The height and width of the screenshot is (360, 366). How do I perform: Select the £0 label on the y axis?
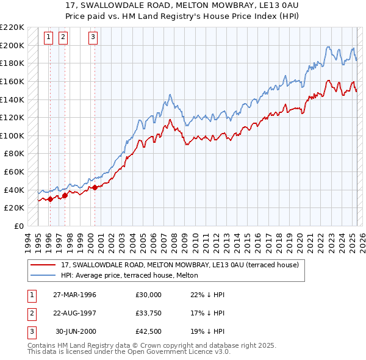tap(18, 226)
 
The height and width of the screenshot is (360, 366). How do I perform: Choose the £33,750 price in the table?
tap(149, 314)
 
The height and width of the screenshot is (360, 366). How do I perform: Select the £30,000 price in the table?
tap(149, 295)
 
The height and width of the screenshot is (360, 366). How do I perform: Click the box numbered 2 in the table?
tap(30, 314)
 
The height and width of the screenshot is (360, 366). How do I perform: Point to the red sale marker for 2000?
tap(95, 187)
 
